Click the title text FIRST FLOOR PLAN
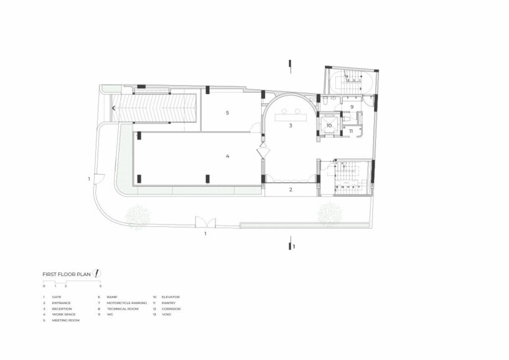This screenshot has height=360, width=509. point(67,274)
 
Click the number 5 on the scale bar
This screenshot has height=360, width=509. point(100,286)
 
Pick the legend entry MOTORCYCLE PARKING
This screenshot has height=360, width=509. point(127,303)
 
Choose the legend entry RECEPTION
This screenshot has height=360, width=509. point(62,309)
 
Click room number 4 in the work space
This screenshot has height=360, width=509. point(228,156)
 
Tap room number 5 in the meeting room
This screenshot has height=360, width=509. point(228,113)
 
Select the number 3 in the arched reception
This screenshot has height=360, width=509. point(291,126)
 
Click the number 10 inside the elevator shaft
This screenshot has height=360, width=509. point(329,125)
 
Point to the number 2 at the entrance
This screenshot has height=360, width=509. point(291,190)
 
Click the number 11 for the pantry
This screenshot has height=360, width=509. point(350,131)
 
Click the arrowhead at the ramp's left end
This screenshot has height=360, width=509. point(113,108)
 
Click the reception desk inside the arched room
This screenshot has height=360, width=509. point(290,113)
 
